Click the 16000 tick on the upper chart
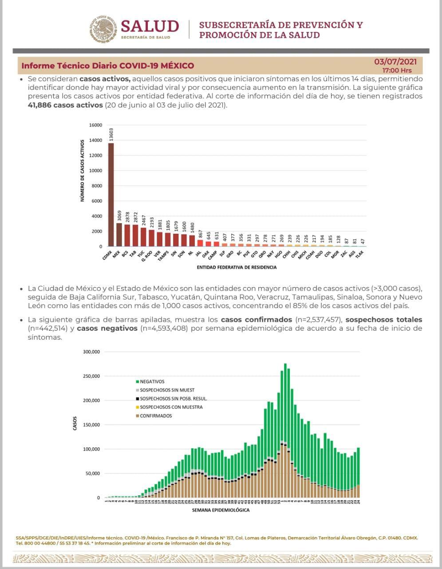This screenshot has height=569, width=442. (95, 125)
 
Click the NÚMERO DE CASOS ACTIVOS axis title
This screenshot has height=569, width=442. (83, 171)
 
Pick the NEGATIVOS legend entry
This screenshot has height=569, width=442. (152, 381)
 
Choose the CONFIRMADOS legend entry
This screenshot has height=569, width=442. (155, 416)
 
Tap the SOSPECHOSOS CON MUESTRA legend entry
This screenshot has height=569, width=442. (171, 407)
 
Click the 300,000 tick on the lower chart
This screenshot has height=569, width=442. (91, 352)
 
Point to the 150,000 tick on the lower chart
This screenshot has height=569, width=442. (91, 425)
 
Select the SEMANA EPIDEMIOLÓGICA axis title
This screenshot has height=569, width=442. (221, 510)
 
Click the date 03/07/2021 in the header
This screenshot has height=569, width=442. (395, 62)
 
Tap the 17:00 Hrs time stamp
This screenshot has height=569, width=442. (397, 70)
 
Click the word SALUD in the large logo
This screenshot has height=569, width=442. (150, 26)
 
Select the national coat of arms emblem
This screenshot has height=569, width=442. (103, 29)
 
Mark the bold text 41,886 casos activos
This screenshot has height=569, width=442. (65, 105)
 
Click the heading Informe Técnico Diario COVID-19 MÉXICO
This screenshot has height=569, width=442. (108, 66)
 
